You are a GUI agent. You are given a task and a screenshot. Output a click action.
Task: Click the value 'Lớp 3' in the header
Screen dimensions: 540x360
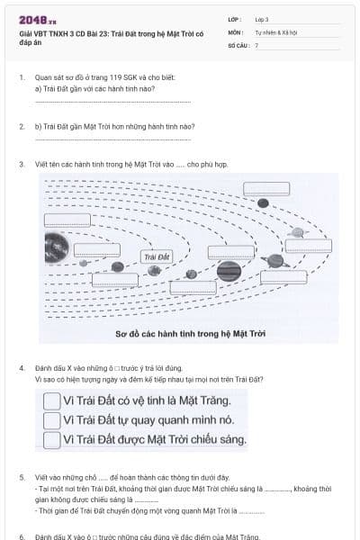[x=262, y=19]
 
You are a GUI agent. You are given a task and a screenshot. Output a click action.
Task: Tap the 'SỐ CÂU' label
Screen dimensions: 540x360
[x=238, y=44]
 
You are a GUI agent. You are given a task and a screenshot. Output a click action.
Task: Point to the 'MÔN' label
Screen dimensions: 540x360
[x=235, y=31]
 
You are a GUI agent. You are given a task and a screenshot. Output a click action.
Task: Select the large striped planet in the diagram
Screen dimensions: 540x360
[x=229, y=270]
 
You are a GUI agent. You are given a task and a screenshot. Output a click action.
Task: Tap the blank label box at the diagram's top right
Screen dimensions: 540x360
[x=265, y=189]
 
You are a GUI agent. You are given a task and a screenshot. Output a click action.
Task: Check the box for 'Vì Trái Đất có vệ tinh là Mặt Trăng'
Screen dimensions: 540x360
[x=52, y=400]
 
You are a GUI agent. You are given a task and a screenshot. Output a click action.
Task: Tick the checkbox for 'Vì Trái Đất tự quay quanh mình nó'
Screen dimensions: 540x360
[x=52, y=420]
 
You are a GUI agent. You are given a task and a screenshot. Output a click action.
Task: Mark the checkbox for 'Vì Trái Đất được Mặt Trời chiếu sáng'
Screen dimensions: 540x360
[x=52, y=439]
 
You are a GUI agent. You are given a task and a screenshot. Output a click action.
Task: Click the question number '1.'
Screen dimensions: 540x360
[x=22, y=78]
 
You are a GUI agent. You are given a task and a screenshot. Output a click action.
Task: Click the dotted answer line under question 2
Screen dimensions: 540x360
[x=99, y=140]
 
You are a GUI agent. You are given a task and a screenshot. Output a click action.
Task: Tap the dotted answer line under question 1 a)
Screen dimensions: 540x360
[x=99, y=101]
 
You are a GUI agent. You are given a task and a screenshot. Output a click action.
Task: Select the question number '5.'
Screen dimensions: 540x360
[x=22, y=477]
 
